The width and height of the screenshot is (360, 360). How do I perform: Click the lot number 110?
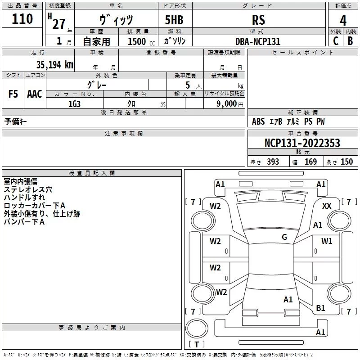(x=22, y=19)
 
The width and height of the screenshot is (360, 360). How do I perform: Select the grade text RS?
(x=258, y=20)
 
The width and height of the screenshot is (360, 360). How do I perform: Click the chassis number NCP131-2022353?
(x=302, y=143)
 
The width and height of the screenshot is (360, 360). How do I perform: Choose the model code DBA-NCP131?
(x=258, y=41)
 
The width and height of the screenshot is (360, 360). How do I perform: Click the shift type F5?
(x=13, y=94)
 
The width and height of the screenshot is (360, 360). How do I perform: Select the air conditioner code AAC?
(x=34, y=94)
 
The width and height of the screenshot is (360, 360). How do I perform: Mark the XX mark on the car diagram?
(x=327, y=206)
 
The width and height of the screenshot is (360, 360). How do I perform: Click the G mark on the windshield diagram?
(x=284, y=237)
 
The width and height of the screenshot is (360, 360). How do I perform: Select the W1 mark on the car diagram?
(x=327, y=241)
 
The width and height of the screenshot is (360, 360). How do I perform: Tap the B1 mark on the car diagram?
(x=320, y=308)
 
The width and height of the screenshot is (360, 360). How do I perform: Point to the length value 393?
(x=273, y=162)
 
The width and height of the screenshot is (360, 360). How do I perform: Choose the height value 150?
(x=346, y=162)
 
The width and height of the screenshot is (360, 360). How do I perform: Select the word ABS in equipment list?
(x=258, y=121)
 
